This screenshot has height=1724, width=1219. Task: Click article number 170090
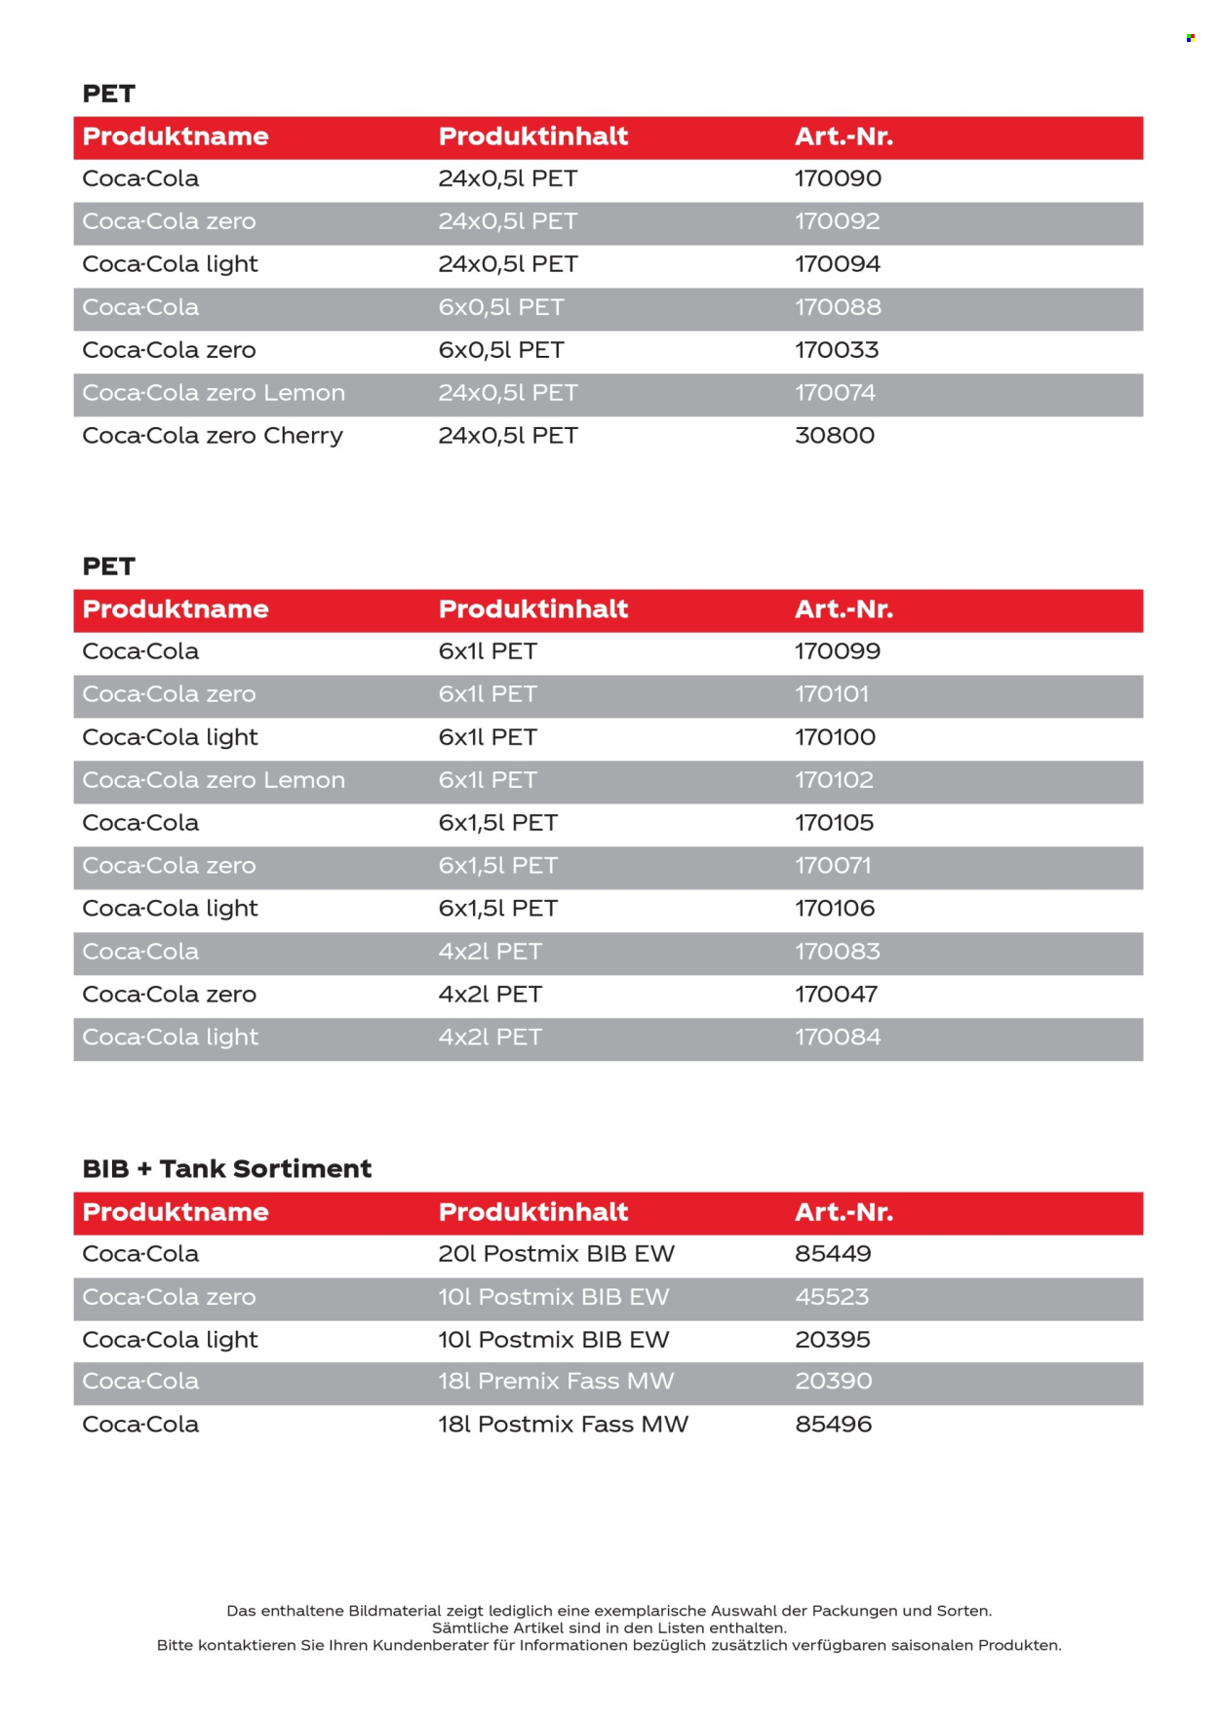click(838, 179)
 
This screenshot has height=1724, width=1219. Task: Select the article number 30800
click(834, 436)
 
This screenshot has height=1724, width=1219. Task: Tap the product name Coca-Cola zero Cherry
click(213, 436)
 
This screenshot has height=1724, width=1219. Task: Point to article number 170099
click(837, 651)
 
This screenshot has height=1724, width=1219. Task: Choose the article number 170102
click(834, 780)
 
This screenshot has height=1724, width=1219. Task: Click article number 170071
click(833, 866)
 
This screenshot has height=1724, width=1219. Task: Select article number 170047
click(836, 995)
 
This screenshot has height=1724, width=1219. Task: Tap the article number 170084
click(837, 1038)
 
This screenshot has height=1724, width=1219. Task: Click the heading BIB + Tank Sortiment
click(226, 1169)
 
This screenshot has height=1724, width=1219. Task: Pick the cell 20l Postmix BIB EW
click(556, 1254)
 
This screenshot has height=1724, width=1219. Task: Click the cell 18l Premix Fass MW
click(556, 1382)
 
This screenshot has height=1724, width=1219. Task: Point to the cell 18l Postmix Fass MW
click(563, 1425)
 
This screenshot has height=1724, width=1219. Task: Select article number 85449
click(833, 1254)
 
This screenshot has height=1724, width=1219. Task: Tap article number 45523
click(832, 1297)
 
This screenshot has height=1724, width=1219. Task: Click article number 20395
click(832, 1340)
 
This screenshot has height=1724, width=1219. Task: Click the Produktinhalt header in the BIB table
click(532, 1212)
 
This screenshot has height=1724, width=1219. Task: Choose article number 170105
click(834, 823)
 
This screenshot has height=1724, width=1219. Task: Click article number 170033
click(836, 350)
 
